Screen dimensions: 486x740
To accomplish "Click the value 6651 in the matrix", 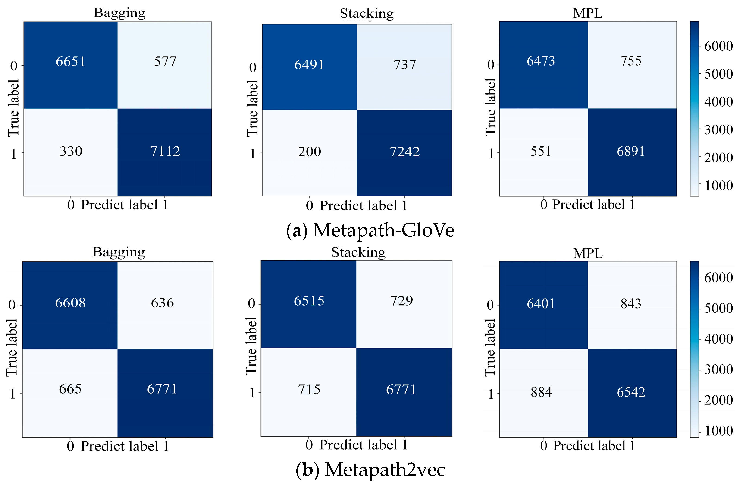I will click(x=71, y=61).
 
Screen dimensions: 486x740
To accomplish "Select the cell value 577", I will click(x=165, y=61).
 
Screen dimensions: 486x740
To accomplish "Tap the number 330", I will click(x=71, y=151).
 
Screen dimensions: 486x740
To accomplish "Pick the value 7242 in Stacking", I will click(x=404, y=151).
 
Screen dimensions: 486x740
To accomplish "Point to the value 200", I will click(x=309, y=151).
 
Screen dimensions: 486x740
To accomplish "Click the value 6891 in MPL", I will click(x=630, y=151).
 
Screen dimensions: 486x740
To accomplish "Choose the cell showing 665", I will click(x=70, y=389).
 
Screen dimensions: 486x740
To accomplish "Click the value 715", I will click(x=309, y=389).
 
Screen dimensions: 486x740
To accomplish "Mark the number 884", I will click(x=541, y=392).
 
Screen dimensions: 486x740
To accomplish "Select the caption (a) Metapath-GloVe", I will click(x=370, y=230).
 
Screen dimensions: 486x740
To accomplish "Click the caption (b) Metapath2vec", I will click(x=370, y=470).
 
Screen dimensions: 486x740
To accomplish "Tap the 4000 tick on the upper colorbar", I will click(x=718, y=102).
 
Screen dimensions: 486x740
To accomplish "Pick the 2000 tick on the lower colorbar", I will click(x=718, y=400).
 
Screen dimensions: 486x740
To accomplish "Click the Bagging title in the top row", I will click(x=119, y=13).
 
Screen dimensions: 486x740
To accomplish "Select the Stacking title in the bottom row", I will click(x=358, y=252).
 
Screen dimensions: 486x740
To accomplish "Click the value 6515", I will click(x=309, y=300).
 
